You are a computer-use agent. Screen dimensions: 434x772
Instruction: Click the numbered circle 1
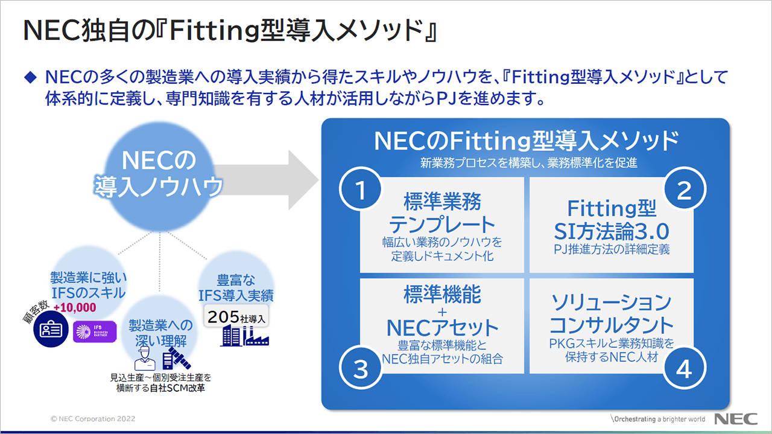(x=361, y=191)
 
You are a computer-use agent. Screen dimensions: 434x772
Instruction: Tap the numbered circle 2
(x=684, y=191)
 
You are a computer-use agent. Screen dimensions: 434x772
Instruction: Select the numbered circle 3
(x=361, y=369)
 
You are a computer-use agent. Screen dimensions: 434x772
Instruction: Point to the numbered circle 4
(x=684, y=369)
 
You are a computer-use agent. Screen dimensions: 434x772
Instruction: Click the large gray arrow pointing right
(x=277, y=179)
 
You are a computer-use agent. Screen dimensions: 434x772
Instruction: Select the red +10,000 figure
(x=75, y=307)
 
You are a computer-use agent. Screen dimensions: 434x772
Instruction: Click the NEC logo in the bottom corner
(x=733, y=419)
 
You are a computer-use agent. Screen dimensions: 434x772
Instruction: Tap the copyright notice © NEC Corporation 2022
(x=93, y=419)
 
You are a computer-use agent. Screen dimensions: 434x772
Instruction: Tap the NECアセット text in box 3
(x=442, y=328)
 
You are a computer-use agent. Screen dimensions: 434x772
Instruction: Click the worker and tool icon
(x=160, y=359)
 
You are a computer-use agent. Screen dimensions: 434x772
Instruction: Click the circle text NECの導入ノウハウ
(x=158, y=174)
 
